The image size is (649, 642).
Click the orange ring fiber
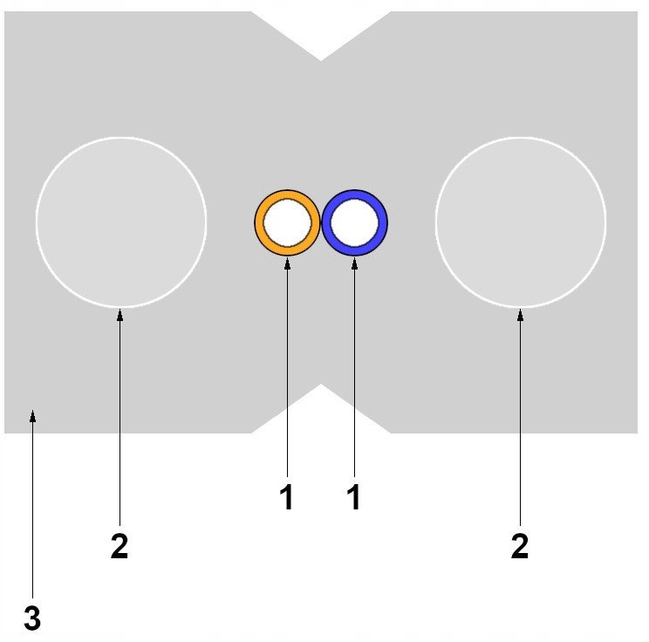(259, 222)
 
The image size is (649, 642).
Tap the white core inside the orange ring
(287, 223)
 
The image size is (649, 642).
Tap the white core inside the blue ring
(355, 223)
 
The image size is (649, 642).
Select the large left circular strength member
(121, 222)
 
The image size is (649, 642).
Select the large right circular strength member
(521, 222)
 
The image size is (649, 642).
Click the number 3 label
(32, 618)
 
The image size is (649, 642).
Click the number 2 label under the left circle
(120, 546)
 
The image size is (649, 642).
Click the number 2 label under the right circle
(520, 546)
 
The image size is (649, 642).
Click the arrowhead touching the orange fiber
(287, 263)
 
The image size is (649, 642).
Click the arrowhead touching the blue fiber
(354, 263)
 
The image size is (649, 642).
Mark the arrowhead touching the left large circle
(120, 315)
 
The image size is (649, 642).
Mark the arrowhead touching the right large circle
(520, 315)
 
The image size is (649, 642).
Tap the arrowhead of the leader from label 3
(32, 416)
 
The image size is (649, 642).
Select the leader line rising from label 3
(32, 504)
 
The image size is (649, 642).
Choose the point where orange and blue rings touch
(321, 223)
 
